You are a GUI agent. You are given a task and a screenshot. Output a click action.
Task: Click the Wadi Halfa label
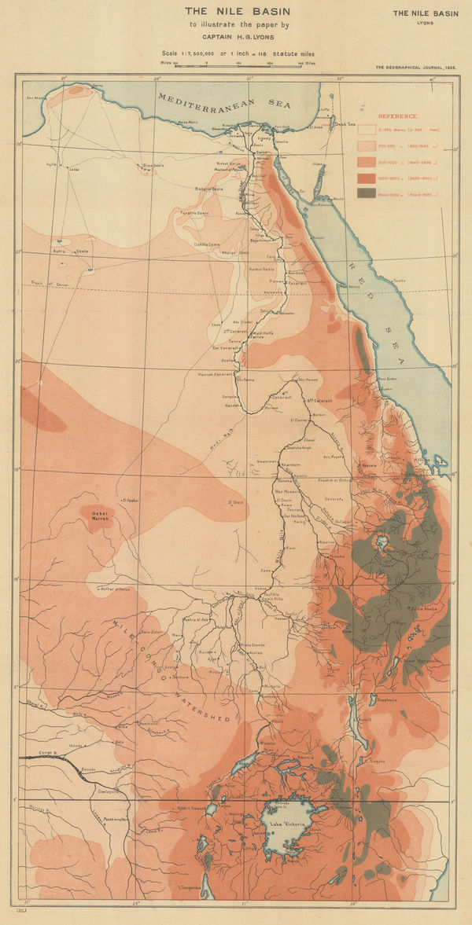pyautogui.click(x=278, y=333)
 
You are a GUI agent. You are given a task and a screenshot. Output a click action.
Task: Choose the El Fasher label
pyautogui.click(x=130, y=498)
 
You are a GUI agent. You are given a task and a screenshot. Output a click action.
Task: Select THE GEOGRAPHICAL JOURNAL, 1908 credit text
pyautogui.click(x=415, y=68)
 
